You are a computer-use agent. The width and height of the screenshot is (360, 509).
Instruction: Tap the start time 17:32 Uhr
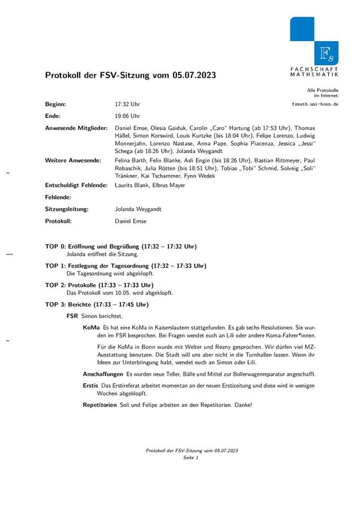pos(127,105)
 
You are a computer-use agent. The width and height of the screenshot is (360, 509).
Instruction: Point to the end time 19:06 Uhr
pos(127,115)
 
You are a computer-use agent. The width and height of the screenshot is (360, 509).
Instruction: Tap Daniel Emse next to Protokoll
pos(131,221)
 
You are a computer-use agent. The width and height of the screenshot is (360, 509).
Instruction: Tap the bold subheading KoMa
pos(91,327)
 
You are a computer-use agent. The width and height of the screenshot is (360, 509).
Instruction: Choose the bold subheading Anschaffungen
pos(102,374)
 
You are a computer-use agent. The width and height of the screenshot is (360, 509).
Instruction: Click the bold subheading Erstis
pos(90,386)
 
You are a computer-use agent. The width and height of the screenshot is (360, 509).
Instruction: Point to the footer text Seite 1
pos(192,457)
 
